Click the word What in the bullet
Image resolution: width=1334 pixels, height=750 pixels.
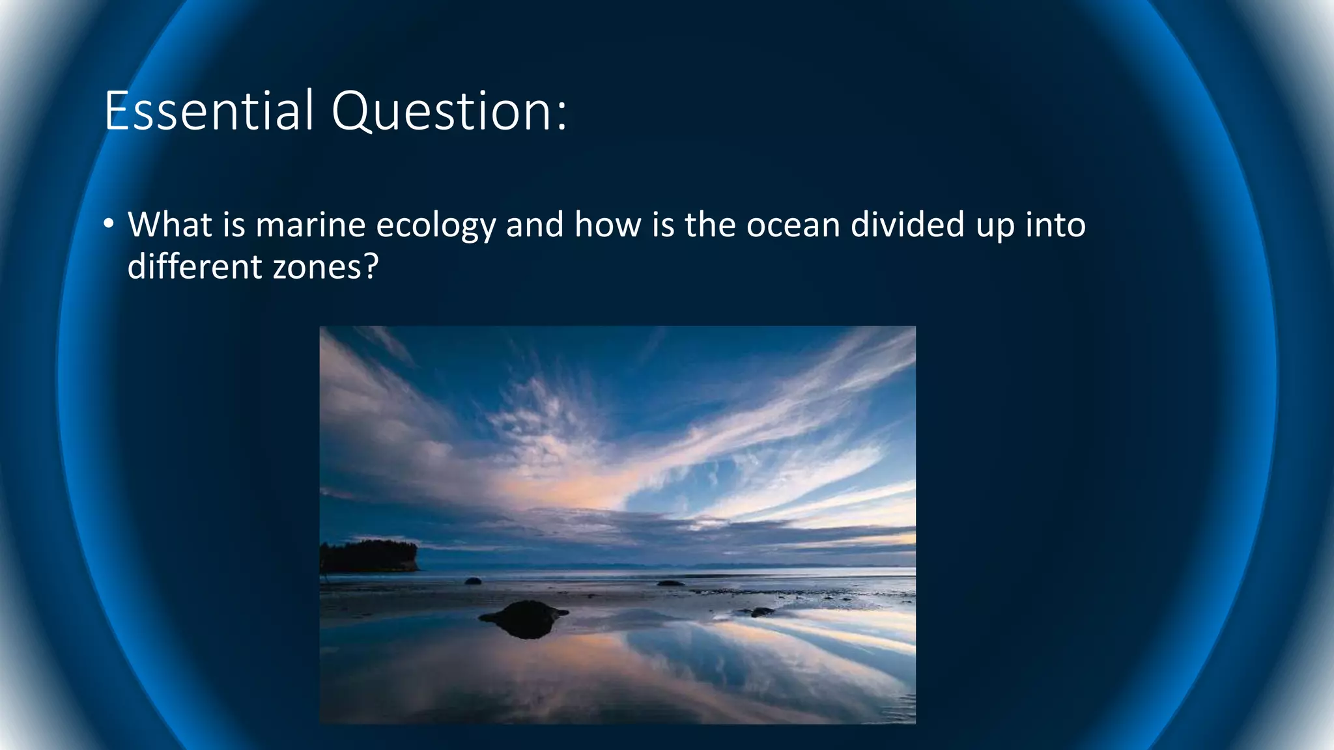pos(170,225)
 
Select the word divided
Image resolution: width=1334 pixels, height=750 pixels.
pos(907,225)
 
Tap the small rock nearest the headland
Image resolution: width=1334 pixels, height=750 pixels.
pos(473,581)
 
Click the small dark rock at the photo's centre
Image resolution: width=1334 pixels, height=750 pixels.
pos(670,583)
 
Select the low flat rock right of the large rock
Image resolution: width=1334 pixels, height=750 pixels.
pos(756,612)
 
